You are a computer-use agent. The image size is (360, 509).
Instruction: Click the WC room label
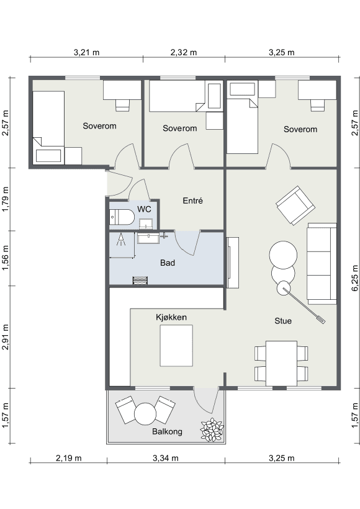point(144,209)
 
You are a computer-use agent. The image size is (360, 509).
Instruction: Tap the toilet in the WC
point(122,217)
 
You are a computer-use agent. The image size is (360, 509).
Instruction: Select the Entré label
point(193,200)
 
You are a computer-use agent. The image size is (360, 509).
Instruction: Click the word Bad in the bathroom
point(168,263)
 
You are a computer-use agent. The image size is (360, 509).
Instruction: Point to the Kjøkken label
point(171,317)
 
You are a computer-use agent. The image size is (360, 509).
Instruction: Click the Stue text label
point(283,321)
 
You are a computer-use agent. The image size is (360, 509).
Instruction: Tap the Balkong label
point(167,431)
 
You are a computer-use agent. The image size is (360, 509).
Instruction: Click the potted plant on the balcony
point(212,430)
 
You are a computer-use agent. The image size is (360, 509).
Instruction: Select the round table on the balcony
point(145,414)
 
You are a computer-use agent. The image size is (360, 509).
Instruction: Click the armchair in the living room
point(295,205)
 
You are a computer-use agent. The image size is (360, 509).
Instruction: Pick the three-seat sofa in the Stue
point(322,264)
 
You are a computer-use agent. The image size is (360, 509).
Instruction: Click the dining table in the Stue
point(281,363)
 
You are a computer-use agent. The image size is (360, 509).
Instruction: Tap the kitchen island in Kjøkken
point(176,346)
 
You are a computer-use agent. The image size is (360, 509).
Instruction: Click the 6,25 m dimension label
point(355,278)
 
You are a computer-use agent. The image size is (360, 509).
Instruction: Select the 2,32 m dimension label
point(184,52)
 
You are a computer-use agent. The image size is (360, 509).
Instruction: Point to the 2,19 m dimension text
point(68,458)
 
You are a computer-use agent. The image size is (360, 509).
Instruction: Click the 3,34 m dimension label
point(166,458)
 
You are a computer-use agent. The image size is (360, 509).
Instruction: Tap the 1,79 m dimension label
point(6,199)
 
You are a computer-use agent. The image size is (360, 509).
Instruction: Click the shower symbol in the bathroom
point(121,239)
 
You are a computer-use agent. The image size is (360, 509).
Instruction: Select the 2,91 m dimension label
point(6,336)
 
